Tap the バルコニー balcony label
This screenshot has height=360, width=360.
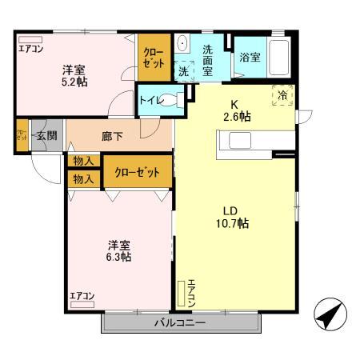180,323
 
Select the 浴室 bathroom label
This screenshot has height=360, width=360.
249,58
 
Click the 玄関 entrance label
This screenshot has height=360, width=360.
46,136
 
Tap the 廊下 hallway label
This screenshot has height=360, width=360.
112,136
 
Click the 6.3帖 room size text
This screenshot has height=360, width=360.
120,257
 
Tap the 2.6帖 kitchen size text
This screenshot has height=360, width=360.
236,117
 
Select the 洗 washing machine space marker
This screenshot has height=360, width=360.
184,70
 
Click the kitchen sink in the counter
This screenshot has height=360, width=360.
241,141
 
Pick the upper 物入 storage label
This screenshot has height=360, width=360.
83,161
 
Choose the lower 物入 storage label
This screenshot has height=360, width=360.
83,179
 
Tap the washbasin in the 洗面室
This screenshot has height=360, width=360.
182,44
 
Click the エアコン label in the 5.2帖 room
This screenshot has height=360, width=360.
30,48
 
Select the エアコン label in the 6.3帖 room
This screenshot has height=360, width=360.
82,297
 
